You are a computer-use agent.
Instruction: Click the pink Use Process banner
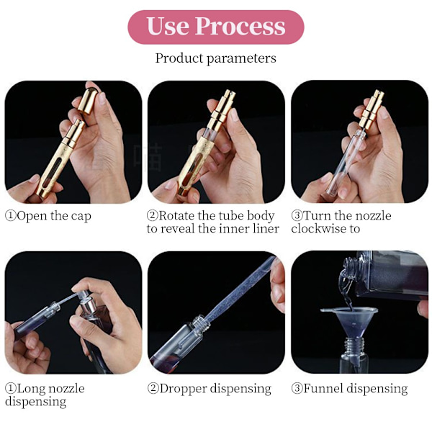(216, 27)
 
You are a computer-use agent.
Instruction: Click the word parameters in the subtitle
(241, 58)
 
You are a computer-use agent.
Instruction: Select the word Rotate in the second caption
(177, 215)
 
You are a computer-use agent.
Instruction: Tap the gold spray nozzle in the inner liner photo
(223, 109)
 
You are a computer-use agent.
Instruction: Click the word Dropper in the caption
(183, 389)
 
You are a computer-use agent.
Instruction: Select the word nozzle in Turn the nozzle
(374, 215)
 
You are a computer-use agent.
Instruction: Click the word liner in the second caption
(266, 229)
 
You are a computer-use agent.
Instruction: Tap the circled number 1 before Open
(11, 216)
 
